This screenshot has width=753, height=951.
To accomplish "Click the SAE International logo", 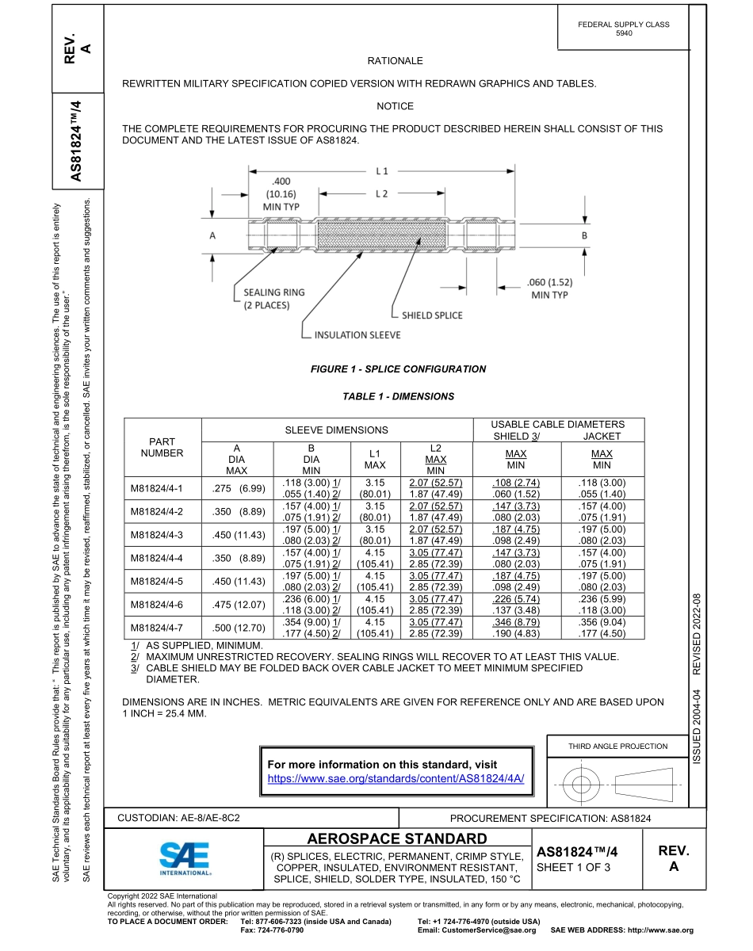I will (x=184, y=857).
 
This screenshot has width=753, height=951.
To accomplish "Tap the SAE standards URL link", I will (x=396, y=779).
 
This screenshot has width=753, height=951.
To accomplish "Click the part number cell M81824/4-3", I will (x=156, y=534).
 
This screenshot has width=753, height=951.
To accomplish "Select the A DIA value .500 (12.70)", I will (x=238, y=628).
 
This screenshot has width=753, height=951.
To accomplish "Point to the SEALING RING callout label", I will (x=273, y=298).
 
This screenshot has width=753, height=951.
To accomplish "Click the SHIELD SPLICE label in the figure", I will (x=432, y=315).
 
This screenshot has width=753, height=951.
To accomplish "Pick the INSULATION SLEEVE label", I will (x=357, y=335).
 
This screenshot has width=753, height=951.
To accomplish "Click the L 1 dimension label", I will (x=382, y=170).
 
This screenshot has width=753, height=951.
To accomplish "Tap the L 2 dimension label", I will (x=382, y=193).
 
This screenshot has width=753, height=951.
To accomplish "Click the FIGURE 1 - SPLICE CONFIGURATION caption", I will (x=398, y=369).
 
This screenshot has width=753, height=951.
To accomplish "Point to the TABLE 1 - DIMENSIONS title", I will (x=398, y=396).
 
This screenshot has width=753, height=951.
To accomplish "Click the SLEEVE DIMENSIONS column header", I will (x=337, y=430).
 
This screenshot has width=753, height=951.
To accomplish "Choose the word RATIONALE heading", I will (x=395, y=61).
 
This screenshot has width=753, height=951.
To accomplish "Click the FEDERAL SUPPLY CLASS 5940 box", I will (x=624, y=29).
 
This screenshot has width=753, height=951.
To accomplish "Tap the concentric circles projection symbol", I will (x=583, y=785).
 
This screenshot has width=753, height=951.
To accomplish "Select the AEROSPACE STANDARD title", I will (x=397, y=838).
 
